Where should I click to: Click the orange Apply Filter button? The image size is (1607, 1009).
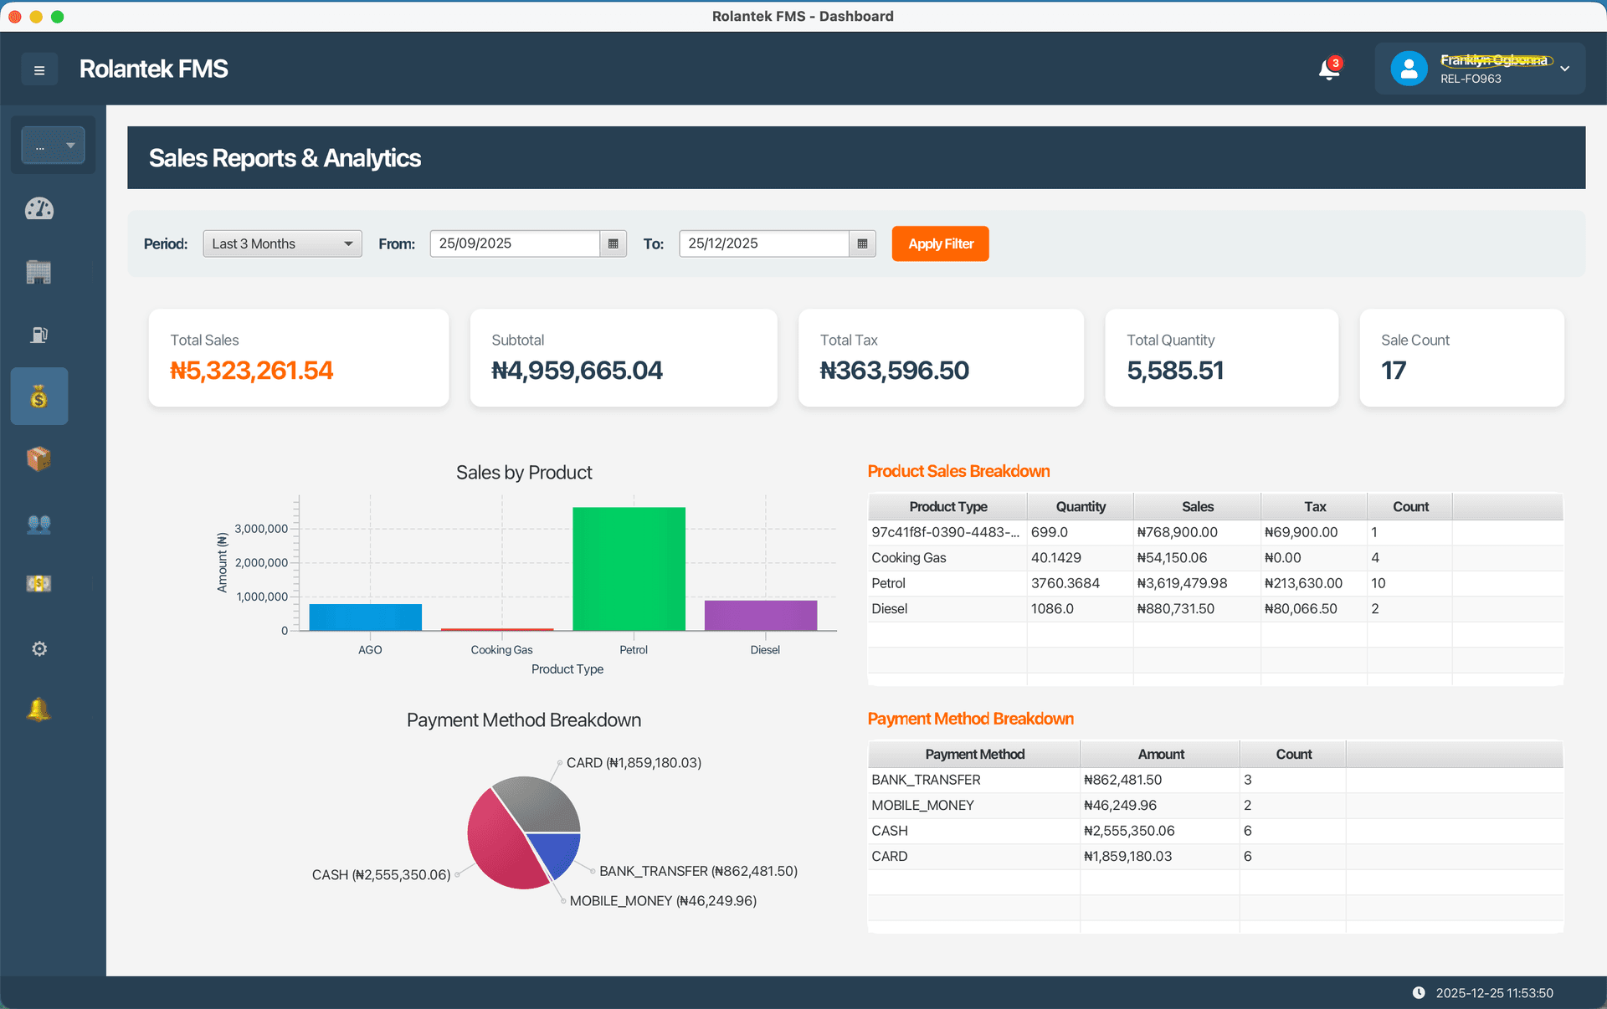point(940,243)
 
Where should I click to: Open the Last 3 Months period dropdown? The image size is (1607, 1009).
point(282,243)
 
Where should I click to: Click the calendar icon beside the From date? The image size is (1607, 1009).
point(613,243)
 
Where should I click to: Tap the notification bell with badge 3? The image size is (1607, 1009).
point(1328,69)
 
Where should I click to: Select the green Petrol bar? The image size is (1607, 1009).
point(629,569)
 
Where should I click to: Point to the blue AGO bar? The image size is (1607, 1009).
point(365,617)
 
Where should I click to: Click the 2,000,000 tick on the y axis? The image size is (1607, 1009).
point(261,562)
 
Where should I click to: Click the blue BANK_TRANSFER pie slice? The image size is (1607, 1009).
point(556,852)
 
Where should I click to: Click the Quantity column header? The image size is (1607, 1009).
point(1080,506)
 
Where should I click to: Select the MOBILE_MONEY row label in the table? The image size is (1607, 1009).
point(922,805)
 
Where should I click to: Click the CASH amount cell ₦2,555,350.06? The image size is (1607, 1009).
point(1129,831)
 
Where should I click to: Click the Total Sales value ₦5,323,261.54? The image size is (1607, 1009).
point(251,370)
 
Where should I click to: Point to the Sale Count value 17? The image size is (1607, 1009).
point(1394,370)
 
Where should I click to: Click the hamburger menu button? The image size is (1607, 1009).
point(39,69)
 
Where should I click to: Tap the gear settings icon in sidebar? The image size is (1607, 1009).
point(39,648)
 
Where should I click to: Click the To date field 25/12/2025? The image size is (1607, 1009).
point(763,243)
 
